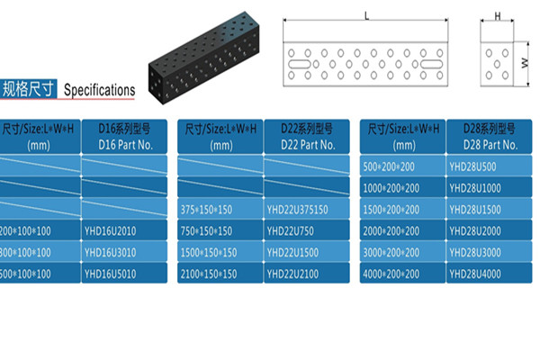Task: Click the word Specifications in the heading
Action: coord(100,90)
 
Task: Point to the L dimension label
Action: coord(367,15)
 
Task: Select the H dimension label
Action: coord(497,16)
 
